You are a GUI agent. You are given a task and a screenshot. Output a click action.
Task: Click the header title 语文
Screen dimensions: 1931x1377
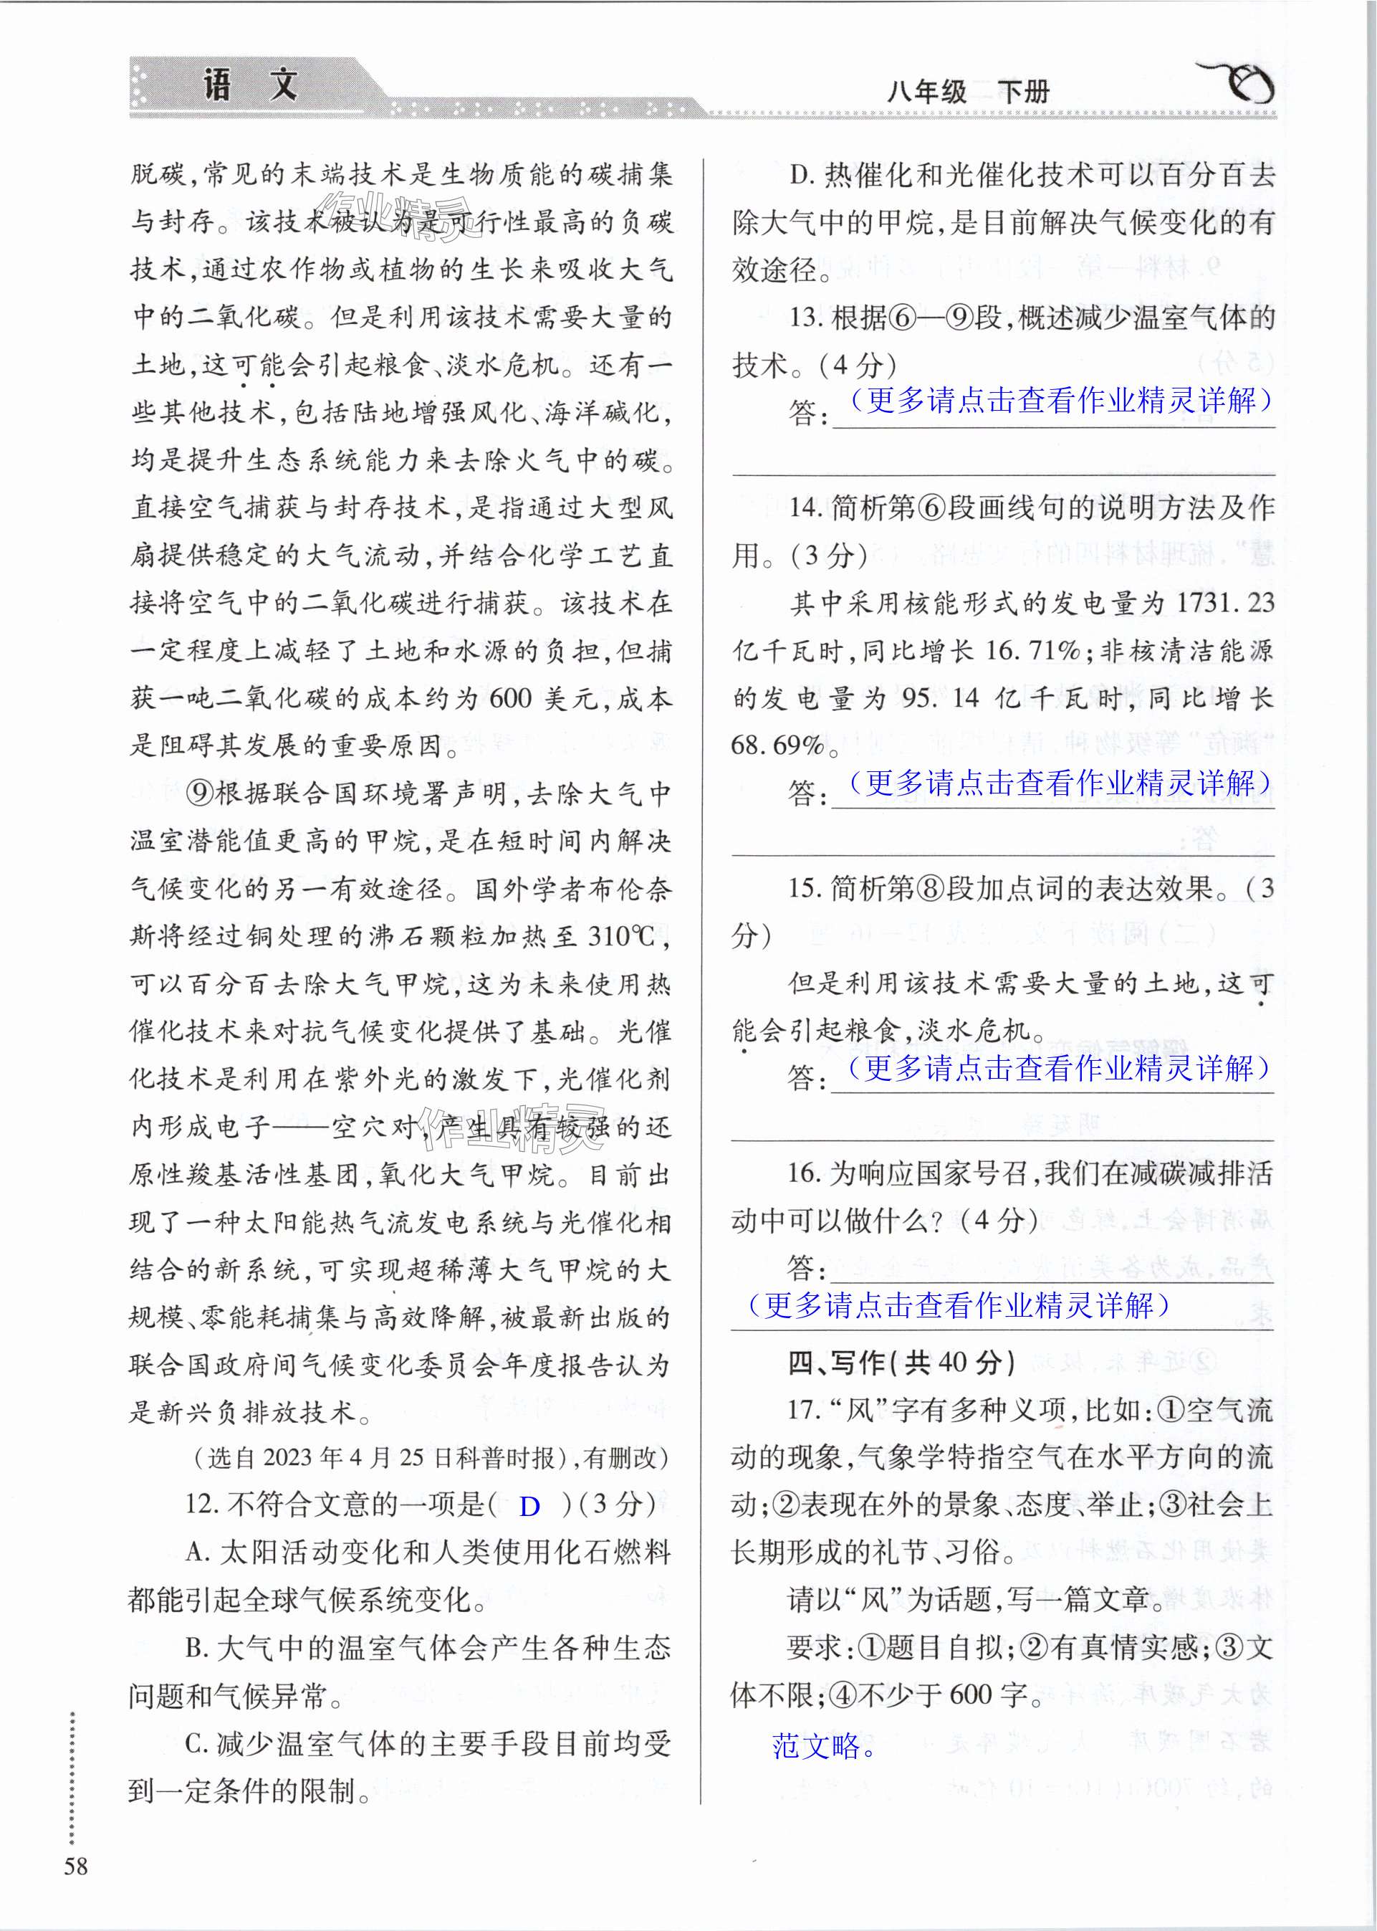point(251,85)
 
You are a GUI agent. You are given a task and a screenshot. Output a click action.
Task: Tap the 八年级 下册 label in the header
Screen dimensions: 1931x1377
point(967,92)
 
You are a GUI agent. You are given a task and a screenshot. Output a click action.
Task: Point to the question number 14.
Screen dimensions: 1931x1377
point(805,508)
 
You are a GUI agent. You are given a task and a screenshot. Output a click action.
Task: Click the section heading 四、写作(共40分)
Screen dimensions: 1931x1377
point(901,1362)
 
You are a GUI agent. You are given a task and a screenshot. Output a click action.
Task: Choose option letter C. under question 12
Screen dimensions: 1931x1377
point(197,1744)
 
